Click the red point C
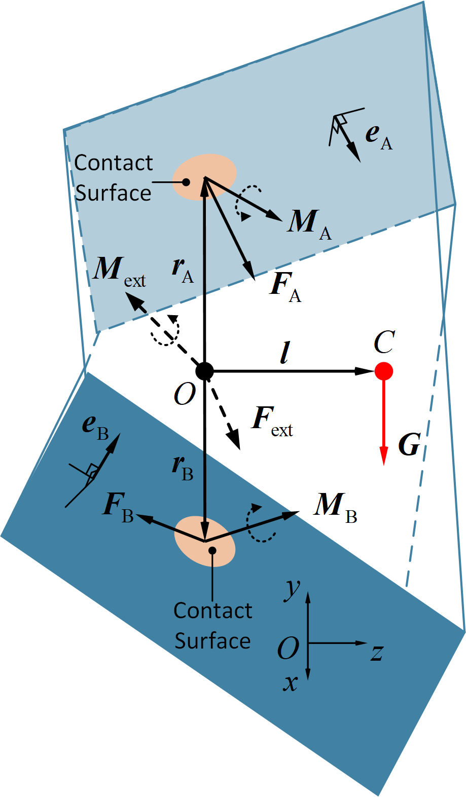(x=384, y=371)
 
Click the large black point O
(x=204, y=371)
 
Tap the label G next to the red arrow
(x=409, y=445)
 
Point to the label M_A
(x=309, y=223)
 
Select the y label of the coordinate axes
(x=293, y=589)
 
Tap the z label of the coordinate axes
(x=376, y=652)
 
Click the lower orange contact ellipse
(x=205, y=541)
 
